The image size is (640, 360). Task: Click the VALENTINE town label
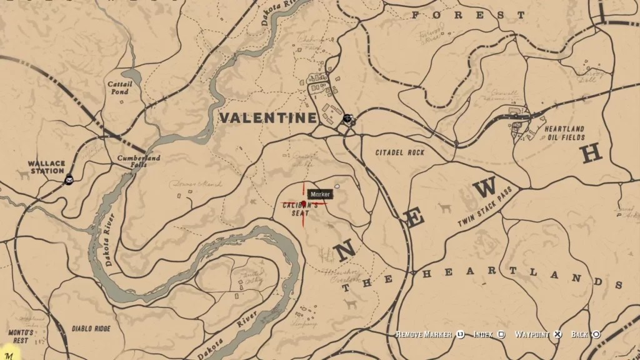click(x=267, y=117)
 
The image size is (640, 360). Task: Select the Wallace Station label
click(x=46, y=167)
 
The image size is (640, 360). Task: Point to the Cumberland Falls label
click(x=139, y=162)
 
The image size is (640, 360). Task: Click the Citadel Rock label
click(x=400, y=152)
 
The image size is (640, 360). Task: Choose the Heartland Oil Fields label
click(x=564, y=133)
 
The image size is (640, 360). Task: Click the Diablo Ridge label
click(x=91, y=328)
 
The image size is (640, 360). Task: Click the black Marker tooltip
click(x=319, y=194)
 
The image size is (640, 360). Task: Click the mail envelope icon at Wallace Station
click(x=69, y=181)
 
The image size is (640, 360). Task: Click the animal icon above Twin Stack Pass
click(x=444, y=207)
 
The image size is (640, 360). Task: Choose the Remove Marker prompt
click(x=424, y=335)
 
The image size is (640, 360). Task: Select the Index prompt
click(x=483, y=335)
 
